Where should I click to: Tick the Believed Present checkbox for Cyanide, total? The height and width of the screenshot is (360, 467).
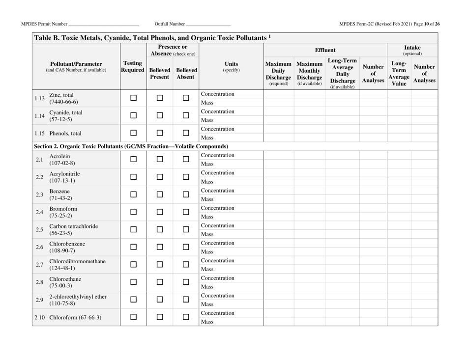coord(159,115)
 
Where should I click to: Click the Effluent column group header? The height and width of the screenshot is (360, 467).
coord(325,50)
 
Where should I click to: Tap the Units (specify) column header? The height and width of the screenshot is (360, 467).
coord(232,67)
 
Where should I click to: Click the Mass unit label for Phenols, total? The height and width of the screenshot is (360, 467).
coord(207,138)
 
